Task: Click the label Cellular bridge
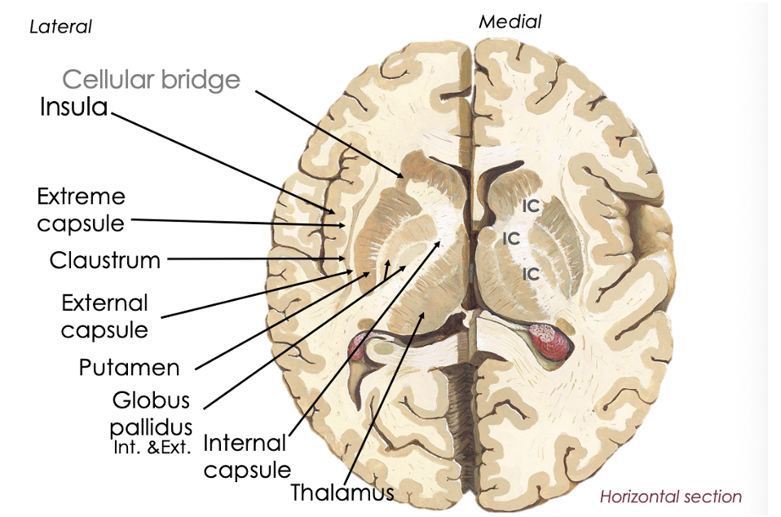(x=151, y=79)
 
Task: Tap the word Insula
(x=73, y=107)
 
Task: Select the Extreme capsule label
(x=82, y=210)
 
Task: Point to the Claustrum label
(x=104, y=261)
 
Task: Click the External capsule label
(x=104, y=316)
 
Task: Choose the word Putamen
(x=129, y=368)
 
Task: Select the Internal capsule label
(x=245, y=457)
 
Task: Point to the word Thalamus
(x=342, y=493)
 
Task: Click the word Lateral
(x=60, y=27)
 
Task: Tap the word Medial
(x=510, y=22)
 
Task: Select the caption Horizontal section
(x=670, y=497)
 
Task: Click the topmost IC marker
(x=531, y=206)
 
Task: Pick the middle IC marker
(x=511, y=239)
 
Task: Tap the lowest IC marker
(x=531, y=274)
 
